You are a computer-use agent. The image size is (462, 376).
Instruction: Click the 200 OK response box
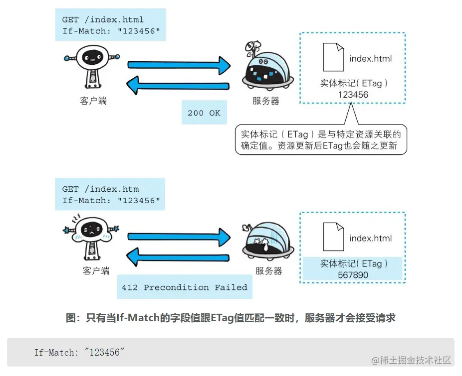coord(204,113)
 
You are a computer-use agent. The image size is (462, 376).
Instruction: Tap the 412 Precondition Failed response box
coord(184,287)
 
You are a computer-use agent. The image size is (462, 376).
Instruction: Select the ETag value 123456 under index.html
coord(353,95)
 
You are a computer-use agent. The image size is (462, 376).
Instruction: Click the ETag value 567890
coord(353,275)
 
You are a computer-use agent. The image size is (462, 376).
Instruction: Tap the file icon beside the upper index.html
coord(333,57)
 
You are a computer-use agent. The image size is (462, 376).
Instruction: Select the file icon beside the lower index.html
coord(333,236)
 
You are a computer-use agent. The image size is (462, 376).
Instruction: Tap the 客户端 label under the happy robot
coord(93,101)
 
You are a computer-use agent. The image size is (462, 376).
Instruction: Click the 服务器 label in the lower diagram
coord(268,271)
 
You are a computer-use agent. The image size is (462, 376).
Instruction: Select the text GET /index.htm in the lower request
coord(100,189)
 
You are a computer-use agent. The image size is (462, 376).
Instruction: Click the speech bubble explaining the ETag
coord(321,140)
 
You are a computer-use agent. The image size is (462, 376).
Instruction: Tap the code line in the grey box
coord(78,352)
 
